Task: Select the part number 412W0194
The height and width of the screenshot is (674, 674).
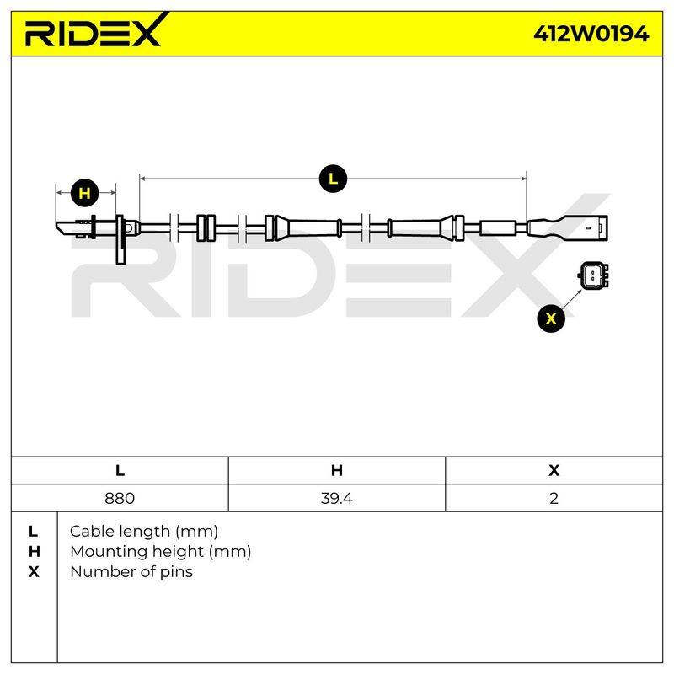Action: tap(591, 34)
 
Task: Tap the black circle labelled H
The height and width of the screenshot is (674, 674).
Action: tap(85, 193)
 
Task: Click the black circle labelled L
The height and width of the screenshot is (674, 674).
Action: tap(333, 179)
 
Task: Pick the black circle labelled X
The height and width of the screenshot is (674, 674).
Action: tap(551, 318)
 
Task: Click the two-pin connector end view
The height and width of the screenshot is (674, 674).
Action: tap(593, 276)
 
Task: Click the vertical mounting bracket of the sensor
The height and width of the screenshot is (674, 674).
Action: tap(120, 239)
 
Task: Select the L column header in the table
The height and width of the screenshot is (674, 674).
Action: tap(120, 470)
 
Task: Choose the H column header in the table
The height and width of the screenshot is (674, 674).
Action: tap(337, 470)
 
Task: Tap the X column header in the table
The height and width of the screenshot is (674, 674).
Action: tap(554, 470)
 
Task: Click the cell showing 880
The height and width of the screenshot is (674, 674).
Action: tap(120, 498)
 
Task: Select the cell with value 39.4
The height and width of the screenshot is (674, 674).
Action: tap(336, 498)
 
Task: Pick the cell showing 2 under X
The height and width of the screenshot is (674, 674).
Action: tap(554, 498)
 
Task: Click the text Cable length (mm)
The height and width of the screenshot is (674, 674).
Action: tap(144, 532)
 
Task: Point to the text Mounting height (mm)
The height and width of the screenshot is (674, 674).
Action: tap(160, 552)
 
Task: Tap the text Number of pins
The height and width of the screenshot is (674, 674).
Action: tap(131, 572)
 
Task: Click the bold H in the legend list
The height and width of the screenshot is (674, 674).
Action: tap(34, 552)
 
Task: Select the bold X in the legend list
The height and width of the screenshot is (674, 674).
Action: tap(34, 572)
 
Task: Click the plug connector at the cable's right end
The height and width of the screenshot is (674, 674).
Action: tap(567, 227)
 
